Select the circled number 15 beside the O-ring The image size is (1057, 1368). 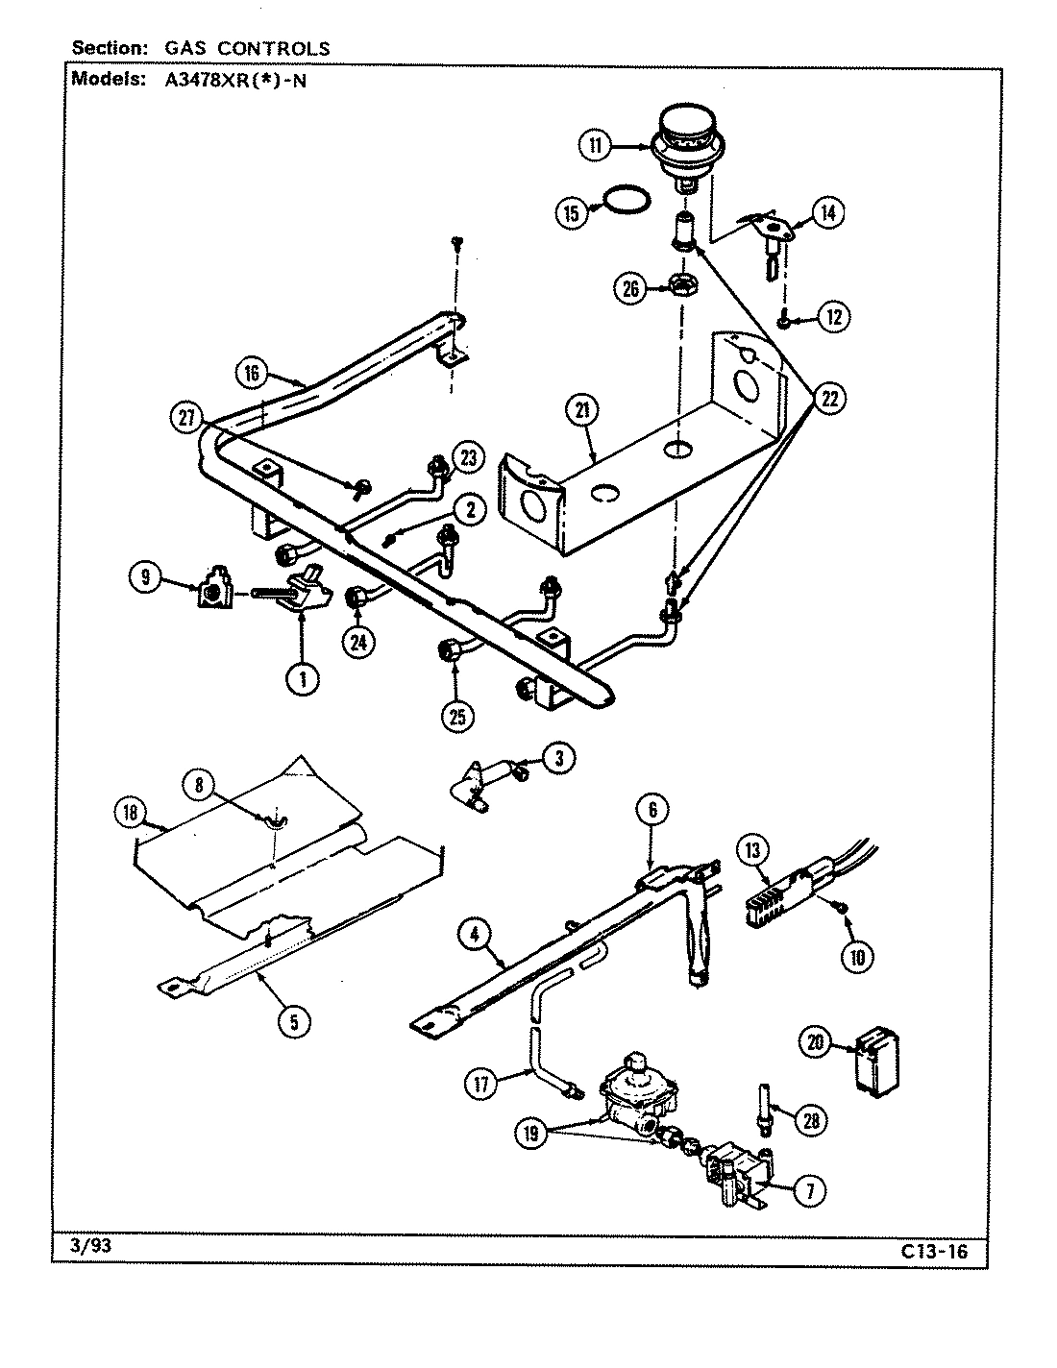pyautogui.click(x=572, y=212)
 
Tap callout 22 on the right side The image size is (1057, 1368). pyautogui.click(x=829, y=398)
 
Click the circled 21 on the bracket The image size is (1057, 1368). pyautogui.click(x=583, y=411)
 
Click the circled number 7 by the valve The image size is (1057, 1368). pyautogui.click(x=809, y=1191)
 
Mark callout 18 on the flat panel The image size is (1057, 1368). pyautogui.click(x=130, y=812)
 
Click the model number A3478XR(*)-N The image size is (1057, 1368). pyautogui.click(x=228, y=81)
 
